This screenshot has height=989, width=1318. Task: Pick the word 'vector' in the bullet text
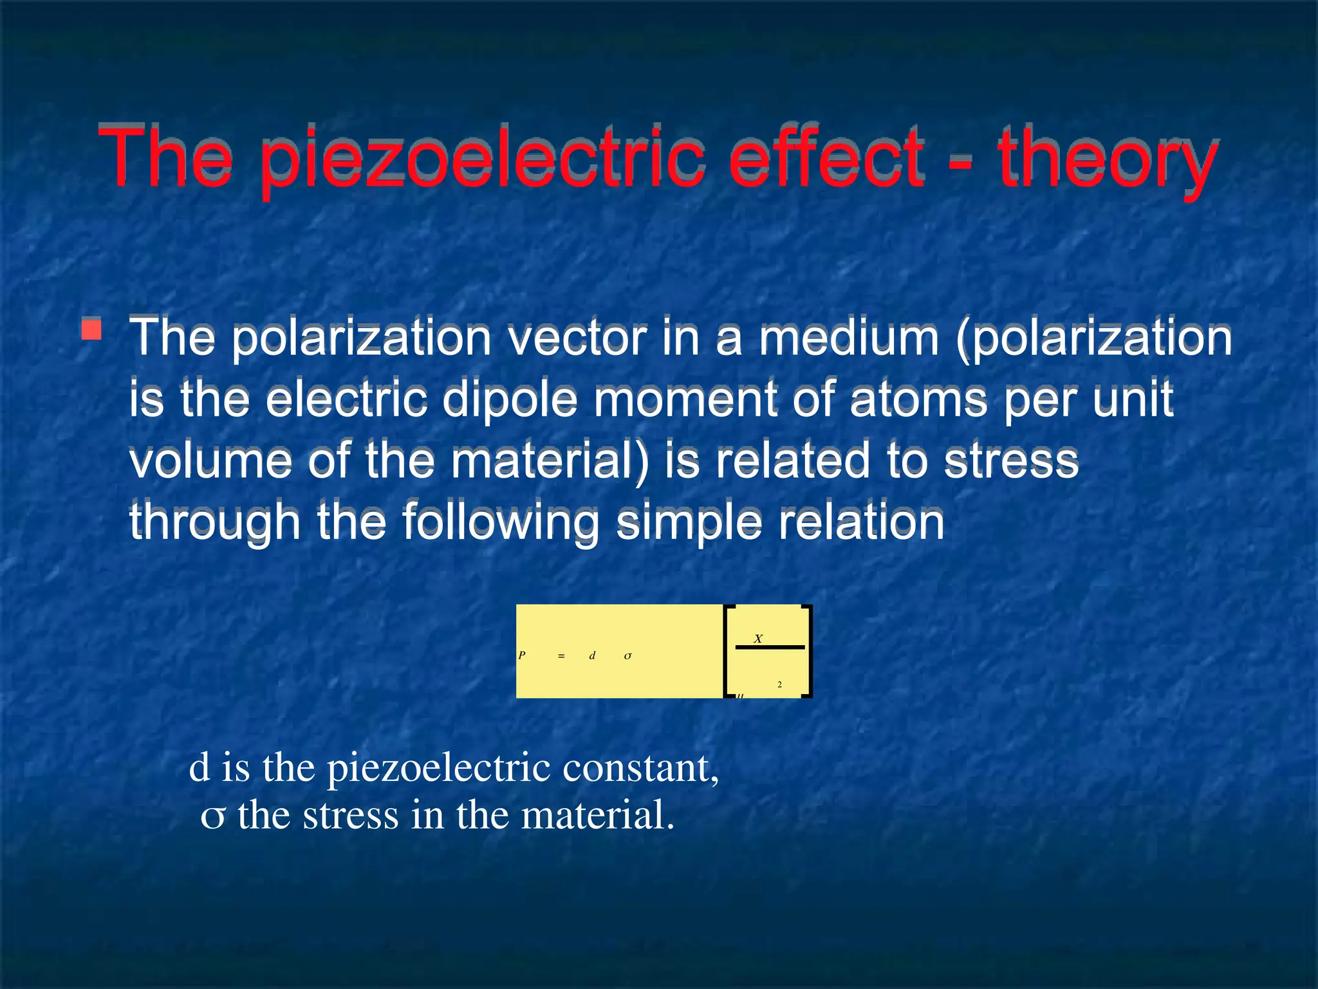tap(577, 337)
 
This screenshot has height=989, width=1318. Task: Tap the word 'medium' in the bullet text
tap(848, 337)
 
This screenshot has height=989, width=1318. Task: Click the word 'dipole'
tap(510, 399)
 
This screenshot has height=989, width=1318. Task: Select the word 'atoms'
tap(918, 399)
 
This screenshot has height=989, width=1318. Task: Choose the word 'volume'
tap(210, 461)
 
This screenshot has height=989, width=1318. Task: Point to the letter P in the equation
tap(522, 655)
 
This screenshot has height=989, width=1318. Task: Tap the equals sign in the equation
tap(561, 656)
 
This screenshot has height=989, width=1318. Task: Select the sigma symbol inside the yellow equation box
tap(628, 656)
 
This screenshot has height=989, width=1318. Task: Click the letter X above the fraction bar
tap(758, 639)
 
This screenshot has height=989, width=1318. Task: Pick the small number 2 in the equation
tap(779, 684)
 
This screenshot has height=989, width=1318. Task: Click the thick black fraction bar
tap(770, 647)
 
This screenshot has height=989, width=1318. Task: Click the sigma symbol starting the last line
tap(212, 817)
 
